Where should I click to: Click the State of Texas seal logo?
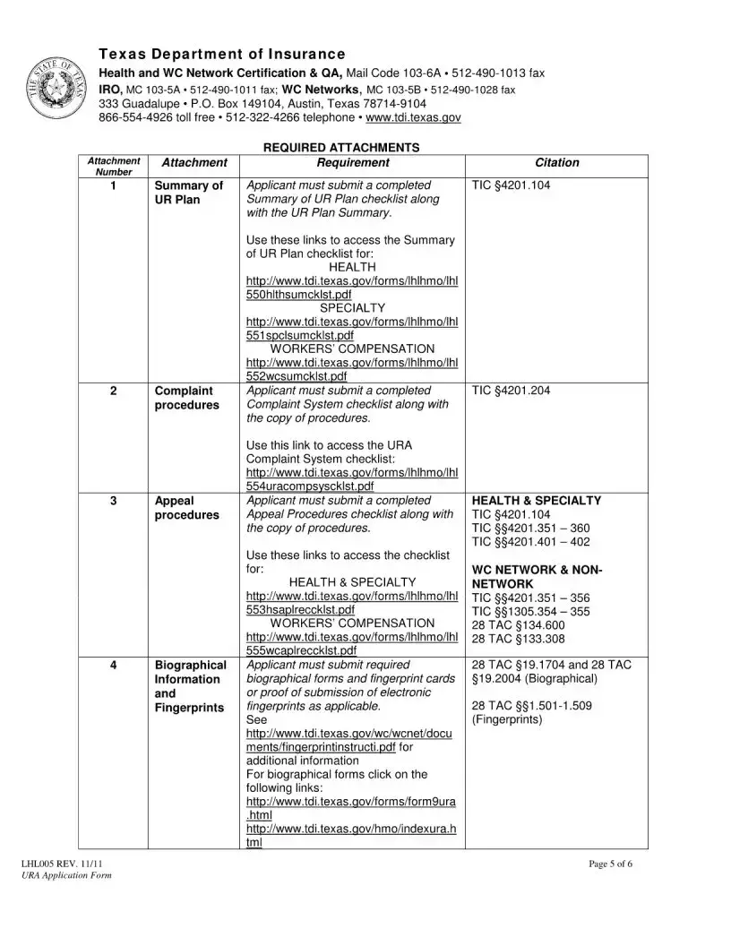pos(60,89)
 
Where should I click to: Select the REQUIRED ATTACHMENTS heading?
pos(341,147)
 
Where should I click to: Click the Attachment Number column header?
pos(114,166)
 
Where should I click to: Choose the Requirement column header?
pos(353,163)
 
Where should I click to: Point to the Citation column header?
pos(556,163)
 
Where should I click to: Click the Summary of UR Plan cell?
pos(189,193)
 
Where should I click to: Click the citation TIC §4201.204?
pos(511,391)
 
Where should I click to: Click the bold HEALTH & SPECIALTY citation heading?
pos(536,501)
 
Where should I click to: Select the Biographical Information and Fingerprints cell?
pos(190,686)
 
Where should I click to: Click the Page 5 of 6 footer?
pos(611,864)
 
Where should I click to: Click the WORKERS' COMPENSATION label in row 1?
pos(352,348)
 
